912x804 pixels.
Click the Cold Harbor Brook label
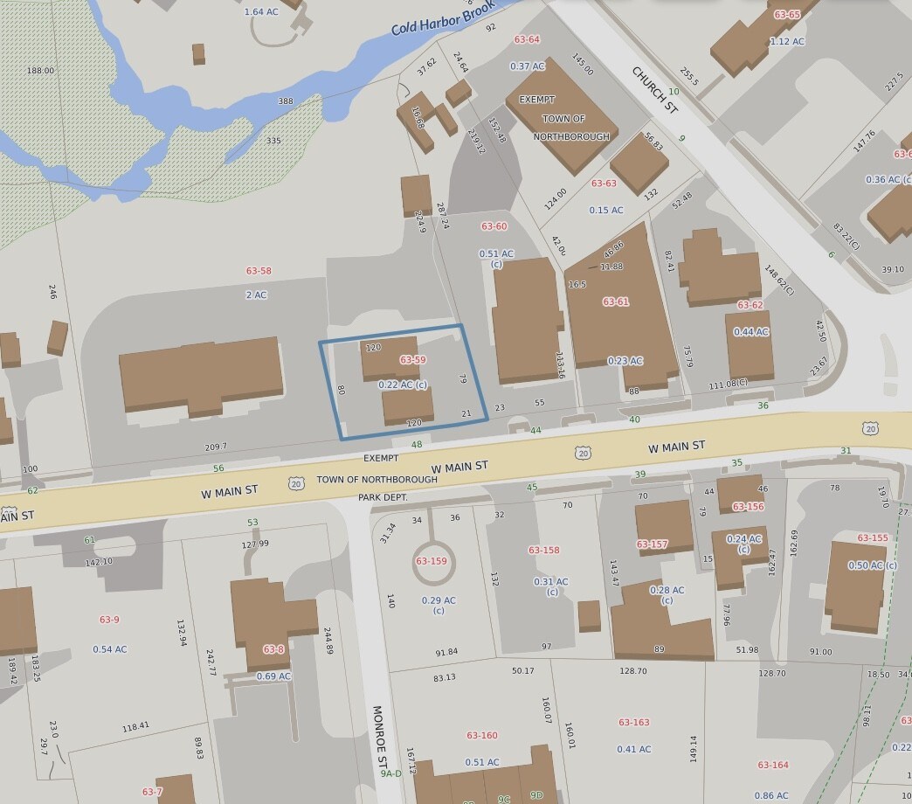(443, 17)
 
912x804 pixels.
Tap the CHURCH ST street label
(655, 89)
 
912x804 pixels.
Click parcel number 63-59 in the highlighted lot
(412, 360)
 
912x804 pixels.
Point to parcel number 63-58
(259, 272)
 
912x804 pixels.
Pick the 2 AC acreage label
(256, 295)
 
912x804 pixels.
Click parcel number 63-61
(615, 302)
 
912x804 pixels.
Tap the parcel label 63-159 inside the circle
(432, 561)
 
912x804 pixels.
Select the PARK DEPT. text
(383, 497)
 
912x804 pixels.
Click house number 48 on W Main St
(417, 445)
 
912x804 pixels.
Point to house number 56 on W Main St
(218, 468)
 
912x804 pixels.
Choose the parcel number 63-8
(273, 649)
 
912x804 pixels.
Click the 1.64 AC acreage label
(260, 11)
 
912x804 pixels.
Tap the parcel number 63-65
(787, 15)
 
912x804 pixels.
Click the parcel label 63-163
(634, 723)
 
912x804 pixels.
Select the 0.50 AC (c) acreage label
(873, 565)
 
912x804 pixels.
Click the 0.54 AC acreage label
(110, 649)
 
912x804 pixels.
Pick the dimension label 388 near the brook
(286, 101)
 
